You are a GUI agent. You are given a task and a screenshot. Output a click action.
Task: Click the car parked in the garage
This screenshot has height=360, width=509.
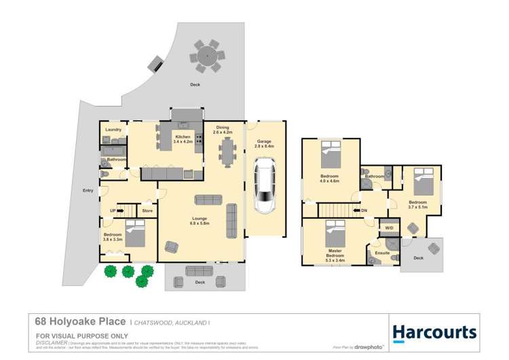pyautogui.click(x=264, y=187)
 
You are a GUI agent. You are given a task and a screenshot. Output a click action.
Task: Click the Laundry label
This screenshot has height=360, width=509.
pyautogui.click(x=113, y=129)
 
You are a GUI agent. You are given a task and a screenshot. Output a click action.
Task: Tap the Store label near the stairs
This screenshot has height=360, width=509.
pyautogui.click(x=147, y=211)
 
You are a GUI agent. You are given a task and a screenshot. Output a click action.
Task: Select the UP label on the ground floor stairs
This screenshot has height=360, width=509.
pyautogui.click(x=113, y=211)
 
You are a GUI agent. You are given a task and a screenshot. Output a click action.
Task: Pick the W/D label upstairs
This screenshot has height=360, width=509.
pyautogui.click(x=389, y=228)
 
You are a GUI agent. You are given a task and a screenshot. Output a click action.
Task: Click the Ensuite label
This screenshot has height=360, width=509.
pyautogui.click(x=382, y=253)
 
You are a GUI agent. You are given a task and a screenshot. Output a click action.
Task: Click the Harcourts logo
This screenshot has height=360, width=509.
pyautogui.click(x=434, y=332)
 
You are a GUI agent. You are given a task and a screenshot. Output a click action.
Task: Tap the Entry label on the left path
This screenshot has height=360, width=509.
pyautogui.click(x=88, y=190)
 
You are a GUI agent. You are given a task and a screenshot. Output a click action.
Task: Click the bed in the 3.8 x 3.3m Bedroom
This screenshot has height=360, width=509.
pyautogui.click(x=135, y=233)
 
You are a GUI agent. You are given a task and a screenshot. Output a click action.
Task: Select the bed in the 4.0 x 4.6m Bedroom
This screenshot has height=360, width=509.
pyautogui.click(x=331, y=155)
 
